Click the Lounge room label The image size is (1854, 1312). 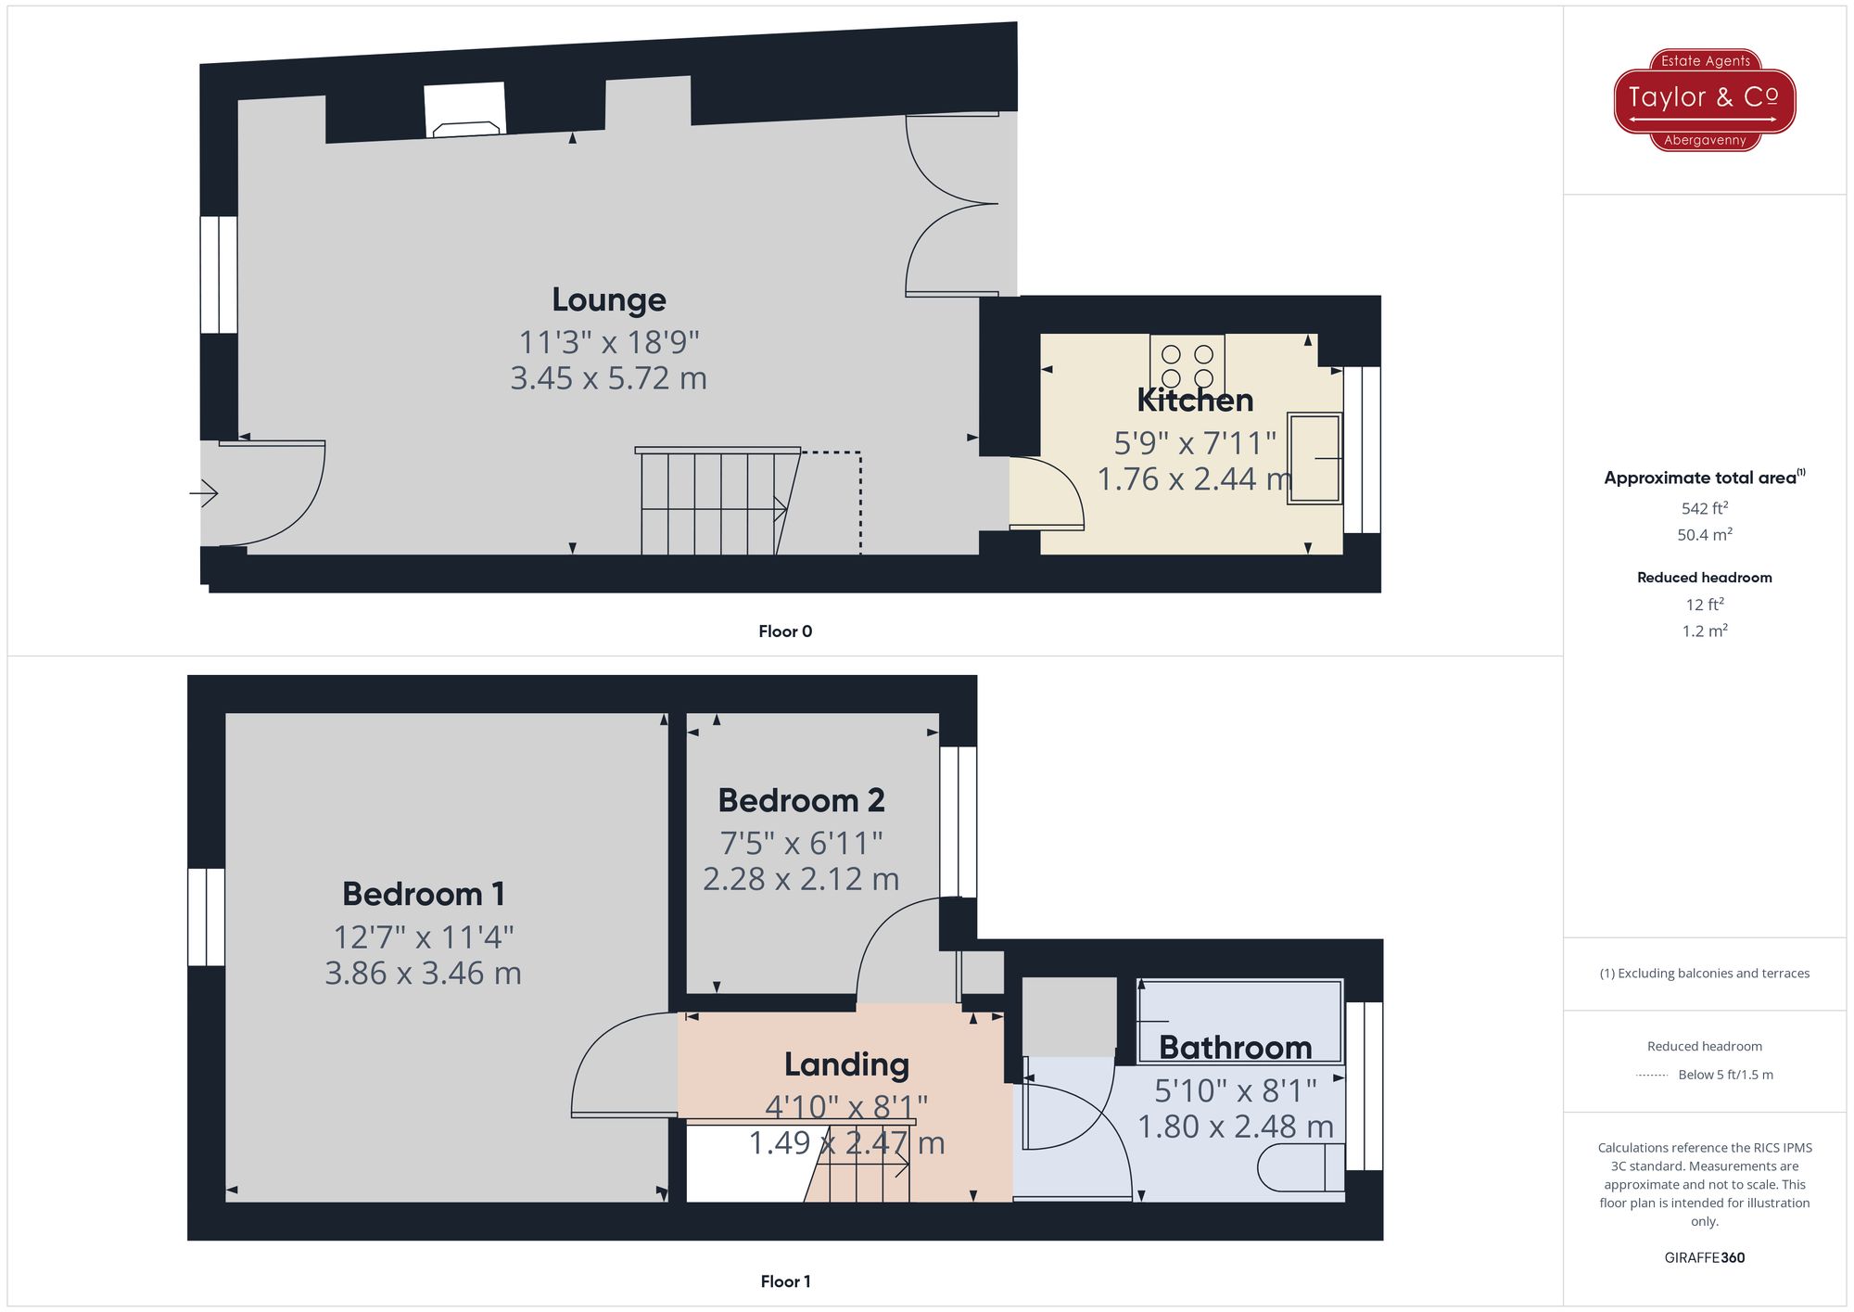pos(608,299)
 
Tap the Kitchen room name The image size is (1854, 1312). pos(1195,401)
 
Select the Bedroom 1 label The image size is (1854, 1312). pos(424,894)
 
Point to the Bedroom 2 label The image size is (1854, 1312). pos(801,800)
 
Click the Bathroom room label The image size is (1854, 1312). pos(1235,1047)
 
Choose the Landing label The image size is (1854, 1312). pos(846,1064)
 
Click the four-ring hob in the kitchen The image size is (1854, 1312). pos(1187,365)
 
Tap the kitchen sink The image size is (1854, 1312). pos(1314,458)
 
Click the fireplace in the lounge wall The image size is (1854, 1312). pos(465,110)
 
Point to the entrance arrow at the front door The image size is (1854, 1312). pos(204,492)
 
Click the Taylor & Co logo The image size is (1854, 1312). pos(1704,99)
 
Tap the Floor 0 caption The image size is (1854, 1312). pos(785,631)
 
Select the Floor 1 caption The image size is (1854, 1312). pos(785,1281)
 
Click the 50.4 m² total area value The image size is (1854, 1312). pos(1704,535)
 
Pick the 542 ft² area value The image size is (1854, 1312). pos(1704,508)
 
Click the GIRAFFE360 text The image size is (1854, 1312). pos(1704,1257)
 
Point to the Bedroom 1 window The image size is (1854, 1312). pos(206,917)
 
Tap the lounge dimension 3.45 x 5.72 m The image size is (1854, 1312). pos(608,378)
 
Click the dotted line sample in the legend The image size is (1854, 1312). pos(1652,1076)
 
